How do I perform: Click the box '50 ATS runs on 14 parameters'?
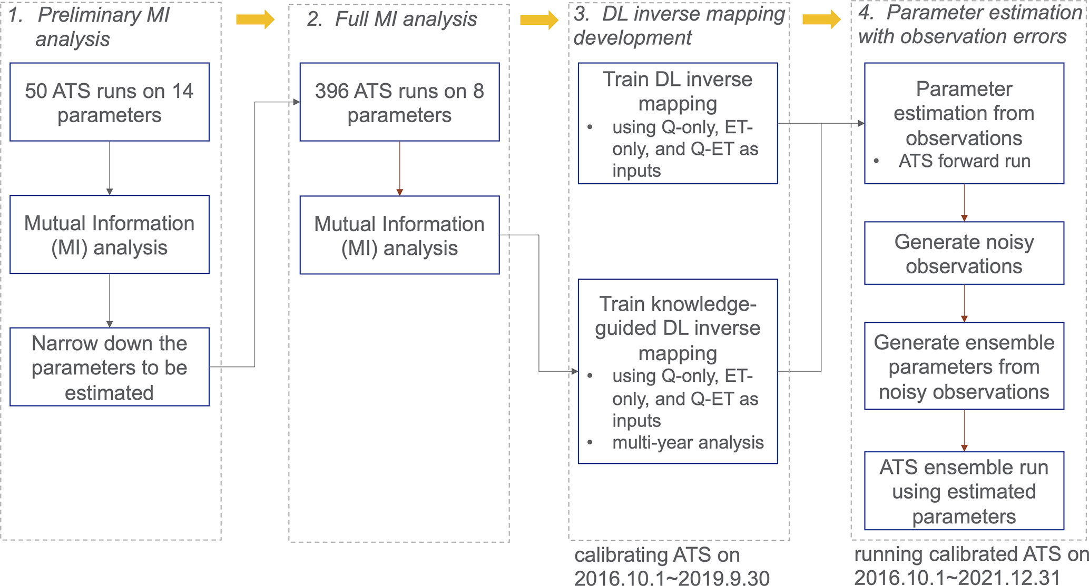point(110,102)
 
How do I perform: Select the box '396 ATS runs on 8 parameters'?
point(399,102)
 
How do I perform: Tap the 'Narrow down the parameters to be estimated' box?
point(110,367)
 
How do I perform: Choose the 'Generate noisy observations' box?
point(964,253)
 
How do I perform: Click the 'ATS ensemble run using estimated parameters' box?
point(964,491)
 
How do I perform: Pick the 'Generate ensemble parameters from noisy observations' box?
point(964,366)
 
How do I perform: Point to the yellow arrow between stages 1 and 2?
point(255,20)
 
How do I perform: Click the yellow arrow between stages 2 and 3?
point(538,20)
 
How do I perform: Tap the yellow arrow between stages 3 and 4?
point(821,20)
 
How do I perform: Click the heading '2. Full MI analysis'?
point(392,19)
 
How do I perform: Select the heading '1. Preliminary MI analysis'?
point(90,27)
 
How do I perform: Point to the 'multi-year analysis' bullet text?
point(688,442)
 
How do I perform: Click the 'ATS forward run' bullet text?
point(964,161)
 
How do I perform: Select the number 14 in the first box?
point(182,91)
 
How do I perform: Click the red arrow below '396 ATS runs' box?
point(399,168)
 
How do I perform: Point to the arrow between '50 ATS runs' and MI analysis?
point(110,168)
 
